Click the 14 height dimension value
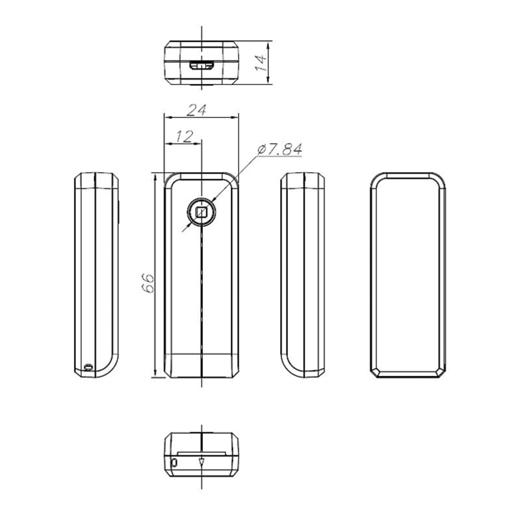(x=261, y=63)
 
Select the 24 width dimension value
(x=196, y=110)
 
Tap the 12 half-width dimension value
(x=184, y=137)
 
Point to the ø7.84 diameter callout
(x=280, y=149)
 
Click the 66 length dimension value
(x=148, y=283)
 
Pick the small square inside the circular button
(x=202, y=212)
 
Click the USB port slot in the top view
(x=202, y=65)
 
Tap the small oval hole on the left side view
(x=88, y=368)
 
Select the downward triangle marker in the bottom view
(x=201, y=462)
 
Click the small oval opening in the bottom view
(x=174, y=463)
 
